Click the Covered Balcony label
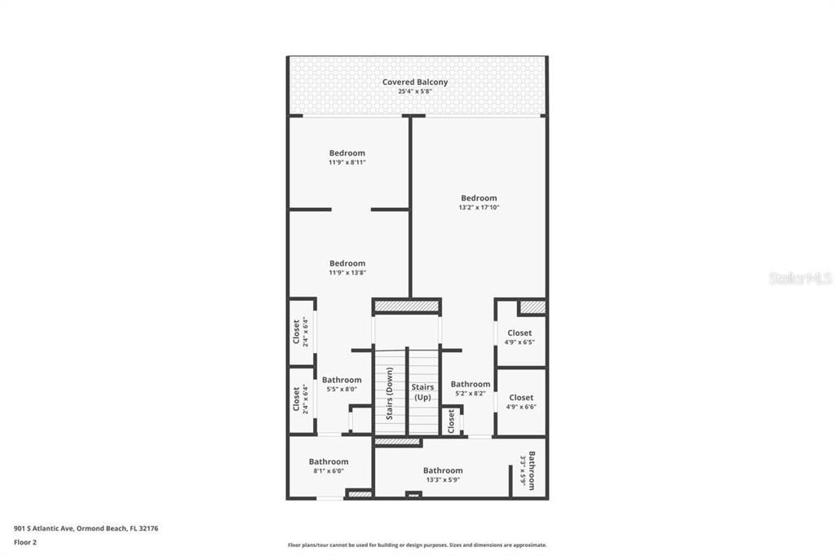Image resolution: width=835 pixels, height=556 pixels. click(415, 82)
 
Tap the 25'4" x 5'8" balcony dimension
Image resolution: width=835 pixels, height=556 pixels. click(415, 91)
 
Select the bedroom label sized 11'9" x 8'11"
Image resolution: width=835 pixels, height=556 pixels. click(347, 152)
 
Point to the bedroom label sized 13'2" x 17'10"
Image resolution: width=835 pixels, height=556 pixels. click(479, 198)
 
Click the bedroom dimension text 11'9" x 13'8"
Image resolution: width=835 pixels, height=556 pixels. click(347, 272)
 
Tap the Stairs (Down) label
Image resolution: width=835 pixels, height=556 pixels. click(390, 393)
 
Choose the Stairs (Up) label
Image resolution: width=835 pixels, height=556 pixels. click(422, 392)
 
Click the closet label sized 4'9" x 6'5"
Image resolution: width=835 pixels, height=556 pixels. click(519, 333)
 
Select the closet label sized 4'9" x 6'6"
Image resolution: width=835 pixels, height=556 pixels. click(521, 398)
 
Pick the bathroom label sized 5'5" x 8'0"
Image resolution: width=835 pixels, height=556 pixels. click(342, 380)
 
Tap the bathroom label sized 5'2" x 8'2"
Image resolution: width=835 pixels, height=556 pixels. click(471, 384)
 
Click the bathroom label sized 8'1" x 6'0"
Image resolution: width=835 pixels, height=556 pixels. click(329, 461)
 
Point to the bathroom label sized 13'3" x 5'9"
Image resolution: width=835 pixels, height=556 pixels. click(443, 470)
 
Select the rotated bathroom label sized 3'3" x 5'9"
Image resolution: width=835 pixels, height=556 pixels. click(531, 470)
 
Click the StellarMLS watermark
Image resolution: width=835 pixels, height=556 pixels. click(800, 279)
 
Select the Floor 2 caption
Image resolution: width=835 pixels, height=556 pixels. click(25, 541)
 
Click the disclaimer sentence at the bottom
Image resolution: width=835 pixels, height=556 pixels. click(417, 545)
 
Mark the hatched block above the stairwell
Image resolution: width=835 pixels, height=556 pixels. click(406, 307)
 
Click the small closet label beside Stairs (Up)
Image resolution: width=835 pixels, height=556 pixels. click(451, 421)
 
